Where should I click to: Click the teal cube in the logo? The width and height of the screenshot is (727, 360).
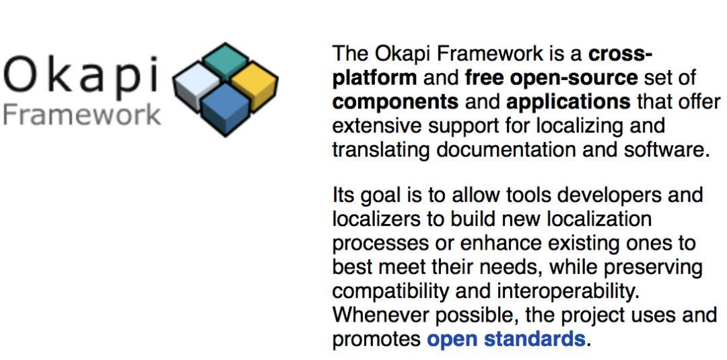pyautogui.click(x=226, y=62)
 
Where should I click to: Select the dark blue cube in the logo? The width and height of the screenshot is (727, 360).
pyautogui.click(x=226, y=109)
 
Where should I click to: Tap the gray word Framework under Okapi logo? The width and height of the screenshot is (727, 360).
pyautogui.click(x=81, y=115)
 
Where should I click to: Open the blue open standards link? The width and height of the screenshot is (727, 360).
pyautogui.click(x=506, y=338)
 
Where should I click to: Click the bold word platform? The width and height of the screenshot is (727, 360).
pyautogui.click(x=374, y=78)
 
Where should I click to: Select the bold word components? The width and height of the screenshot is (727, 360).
pyautogui.click(x=396, y=102)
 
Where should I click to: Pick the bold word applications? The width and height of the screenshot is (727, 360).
pyautogui.click(x=569, y=102)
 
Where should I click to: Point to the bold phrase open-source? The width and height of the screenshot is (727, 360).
pyautogui.click(x=574, y=78)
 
